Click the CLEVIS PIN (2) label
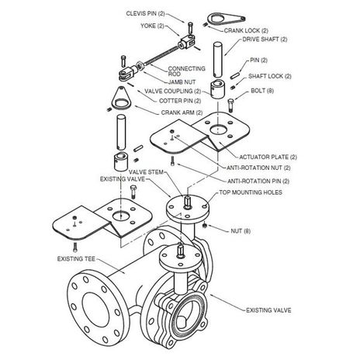pyautogui.click(x=145, y=13)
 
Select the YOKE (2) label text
pyautogui.click(x=153, y=26)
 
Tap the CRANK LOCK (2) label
pyautogui.click(x=246, y=30)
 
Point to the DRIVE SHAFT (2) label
pyautogui.click(x=265, y=40)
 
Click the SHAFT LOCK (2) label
pyautogui.click(x=270, y=76)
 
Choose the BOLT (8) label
pyautogui.click(x=262, y=91)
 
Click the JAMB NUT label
pyautogui.click(x=182, y=82)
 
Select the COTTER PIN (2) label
pyautogui.click(x=180, y=101)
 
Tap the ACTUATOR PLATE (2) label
pyautogui.click(x=268, y=157)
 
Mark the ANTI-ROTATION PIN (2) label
pyautogui.click(x=258, y=181)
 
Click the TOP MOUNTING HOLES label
pyautogui.click(x=251, y=192)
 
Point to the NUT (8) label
pyautogui.click(x=241, y=231)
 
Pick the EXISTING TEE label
pyautogui.click(x=76, y=258)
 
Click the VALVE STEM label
pyautogui.click(x=146, y=172)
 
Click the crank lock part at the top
pyautogui.click(x=226, y=19)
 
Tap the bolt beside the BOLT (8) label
pyautogui.click(x=230, y=106)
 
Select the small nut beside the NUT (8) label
pyautogui.click(x=204, y=226)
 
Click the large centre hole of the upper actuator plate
pyautogui.click(x=218, y=130)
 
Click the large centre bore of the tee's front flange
pyautogui.click(x=95, y=310)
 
